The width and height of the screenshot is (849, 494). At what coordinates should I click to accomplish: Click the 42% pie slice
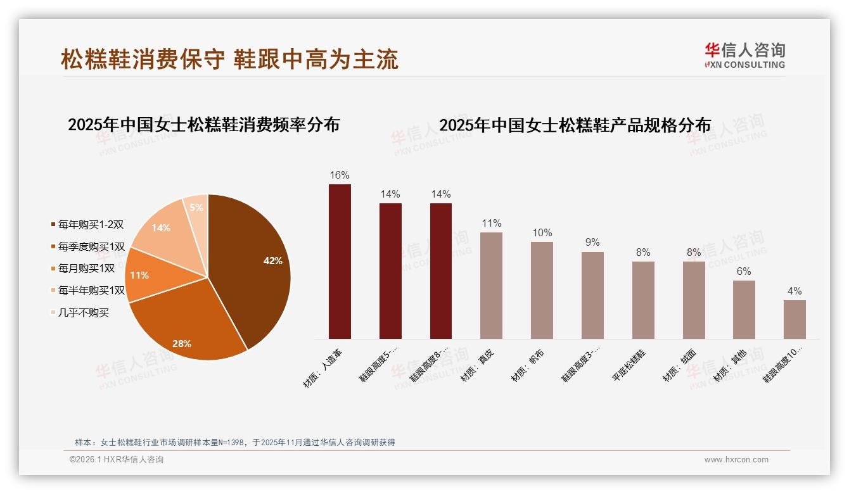[x=253, y=266]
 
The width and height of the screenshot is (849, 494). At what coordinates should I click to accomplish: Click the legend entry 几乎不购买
[x=83, y=313]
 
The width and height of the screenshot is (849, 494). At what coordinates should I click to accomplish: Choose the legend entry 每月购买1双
[x=86, y=269]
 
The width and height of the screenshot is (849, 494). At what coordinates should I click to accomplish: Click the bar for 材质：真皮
[x=491, y=286]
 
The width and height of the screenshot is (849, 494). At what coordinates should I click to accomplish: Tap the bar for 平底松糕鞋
[x=643, y=300]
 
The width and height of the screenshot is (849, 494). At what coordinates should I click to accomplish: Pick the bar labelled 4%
[x=795, y=319]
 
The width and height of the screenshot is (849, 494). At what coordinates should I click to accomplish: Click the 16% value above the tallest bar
[x=340, y=175]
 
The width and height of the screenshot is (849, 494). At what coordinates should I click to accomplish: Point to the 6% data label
[x=744, y=272]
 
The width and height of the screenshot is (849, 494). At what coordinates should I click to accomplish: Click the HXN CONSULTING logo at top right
[x=744, y=56]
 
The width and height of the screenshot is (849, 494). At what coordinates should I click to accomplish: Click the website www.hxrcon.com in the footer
[x=736, y=460]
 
